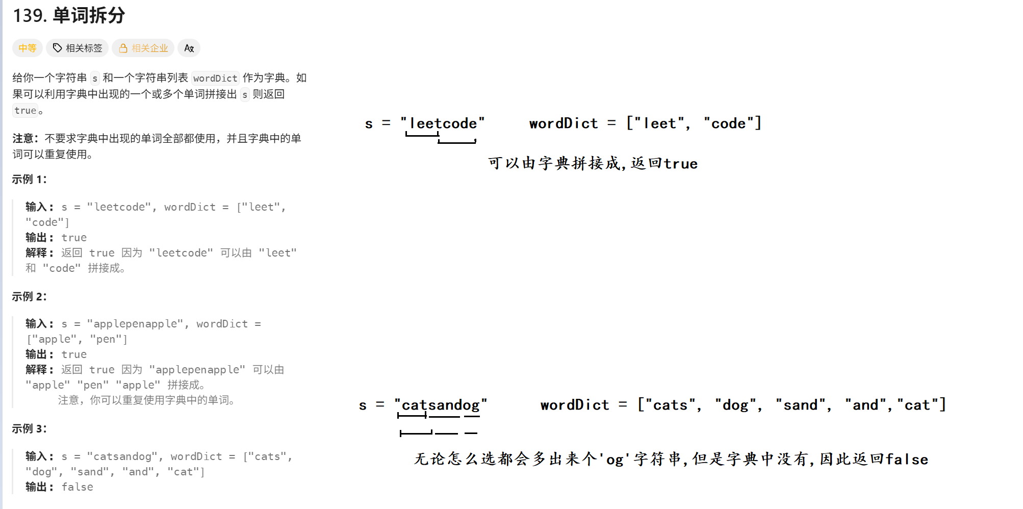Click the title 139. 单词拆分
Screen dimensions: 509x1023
(69, 15)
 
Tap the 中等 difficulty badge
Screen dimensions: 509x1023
(28, 48)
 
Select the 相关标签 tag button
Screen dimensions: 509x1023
(78, 48)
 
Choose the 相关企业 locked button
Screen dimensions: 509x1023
(143, 48)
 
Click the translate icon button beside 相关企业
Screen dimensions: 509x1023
(189, 48)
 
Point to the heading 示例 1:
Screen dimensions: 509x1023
(30, 180)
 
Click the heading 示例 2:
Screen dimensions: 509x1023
(30, 297)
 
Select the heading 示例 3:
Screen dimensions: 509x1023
(30, 429)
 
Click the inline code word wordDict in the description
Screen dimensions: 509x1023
(215, 78)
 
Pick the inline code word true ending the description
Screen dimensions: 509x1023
(25, 111)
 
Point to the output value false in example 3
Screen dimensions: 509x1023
(77, 487)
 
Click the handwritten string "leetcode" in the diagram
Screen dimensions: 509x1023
(443, 123)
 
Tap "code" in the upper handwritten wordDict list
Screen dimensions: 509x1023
(729, 123)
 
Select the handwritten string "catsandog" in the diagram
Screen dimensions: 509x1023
(441, 405)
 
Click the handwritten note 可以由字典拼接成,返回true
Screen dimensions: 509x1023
(593, 163)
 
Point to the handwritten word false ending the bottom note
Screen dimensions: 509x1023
(907, 460)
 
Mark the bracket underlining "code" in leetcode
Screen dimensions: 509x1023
(457, 141)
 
